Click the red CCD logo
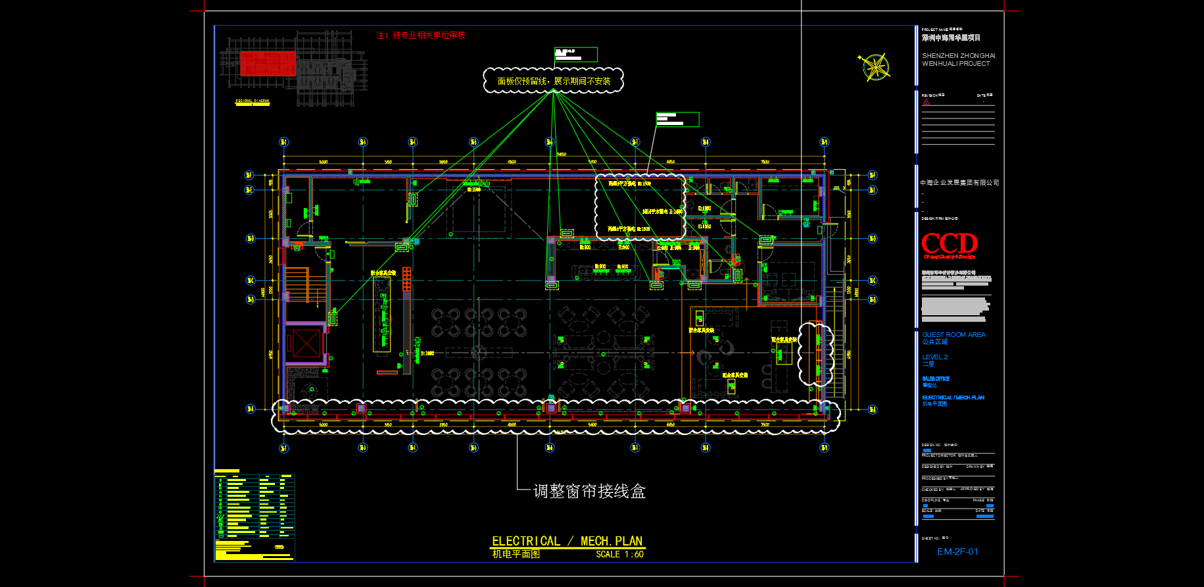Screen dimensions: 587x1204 [950, 243]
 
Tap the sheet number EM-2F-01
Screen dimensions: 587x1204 [957, 551]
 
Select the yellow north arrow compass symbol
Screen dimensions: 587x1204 [875, 67]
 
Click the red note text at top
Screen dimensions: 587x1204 [420, 36]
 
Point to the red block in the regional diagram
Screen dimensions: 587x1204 [268, 63]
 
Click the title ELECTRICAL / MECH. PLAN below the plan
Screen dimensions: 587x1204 [567, 541]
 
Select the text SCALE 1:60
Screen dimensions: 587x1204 [619, 555]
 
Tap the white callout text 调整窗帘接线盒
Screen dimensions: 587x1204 [589, 491]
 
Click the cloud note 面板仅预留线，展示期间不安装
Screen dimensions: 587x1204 [554, 81]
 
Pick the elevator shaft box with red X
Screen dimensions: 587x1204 [306, 343]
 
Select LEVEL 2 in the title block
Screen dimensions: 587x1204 [934, 357]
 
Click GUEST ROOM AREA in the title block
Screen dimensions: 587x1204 [953, 334]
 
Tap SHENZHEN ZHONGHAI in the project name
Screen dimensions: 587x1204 [958, 56]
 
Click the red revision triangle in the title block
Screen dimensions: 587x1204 [926, 103]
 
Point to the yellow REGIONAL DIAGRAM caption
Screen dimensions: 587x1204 [253, 101]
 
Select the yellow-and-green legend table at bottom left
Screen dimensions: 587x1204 [254, 517]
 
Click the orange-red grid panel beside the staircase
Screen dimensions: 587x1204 [407, 279]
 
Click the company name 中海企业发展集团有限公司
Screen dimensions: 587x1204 [959, 182]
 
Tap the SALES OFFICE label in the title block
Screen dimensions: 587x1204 [936, 379]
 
